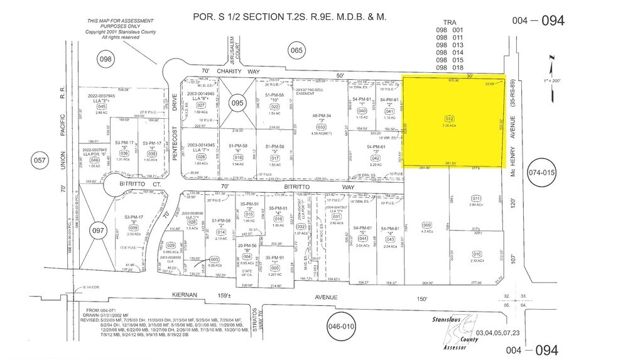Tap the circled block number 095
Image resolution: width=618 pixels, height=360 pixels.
coord(237,103)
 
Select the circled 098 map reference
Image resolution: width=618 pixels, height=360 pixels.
coord(106,58)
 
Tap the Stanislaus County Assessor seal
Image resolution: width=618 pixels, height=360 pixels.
coord(447,333)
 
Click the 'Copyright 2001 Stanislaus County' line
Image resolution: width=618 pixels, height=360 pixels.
coord(113,31)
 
